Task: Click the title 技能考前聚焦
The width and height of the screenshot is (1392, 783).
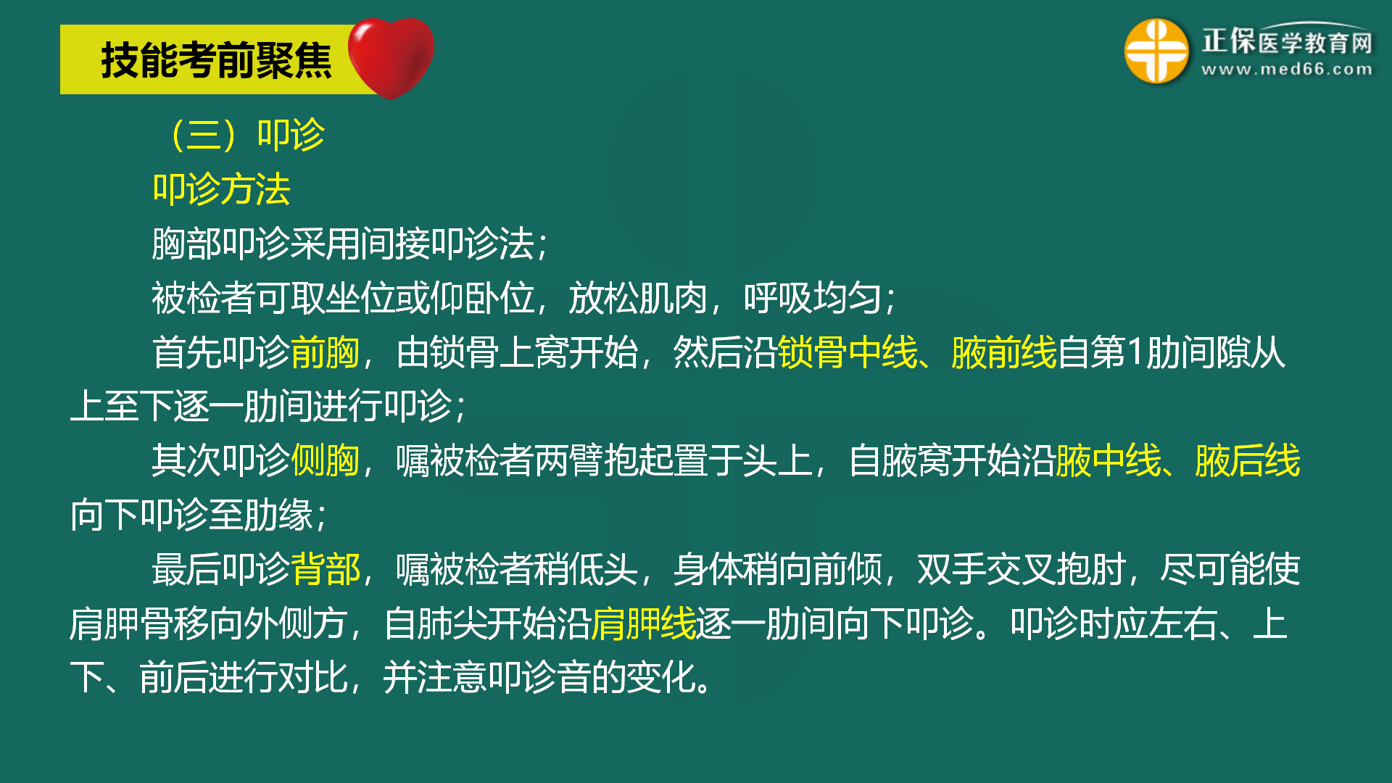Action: pos(216,60)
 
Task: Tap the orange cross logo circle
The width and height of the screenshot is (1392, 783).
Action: pos(1156,51)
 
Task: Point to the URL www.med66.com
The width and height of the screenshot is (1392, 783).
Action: pos(1287,70)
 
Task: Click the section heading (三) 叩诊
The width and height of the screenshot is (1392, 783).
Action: pos(247,135)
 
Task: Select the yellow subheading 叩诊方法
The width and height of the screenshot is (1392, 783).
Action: pos(222,189)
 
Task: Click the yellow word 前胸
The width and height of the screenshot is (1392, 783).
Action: pos(326,353)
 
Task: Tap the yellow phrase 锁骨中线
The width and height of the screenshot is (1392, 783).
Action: pos(848,353)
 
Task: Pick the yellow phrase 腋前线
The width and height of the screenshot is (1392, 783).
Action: pos(1004,353)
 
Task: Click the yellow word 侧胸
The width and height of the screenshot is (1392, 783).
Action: pos(326,461)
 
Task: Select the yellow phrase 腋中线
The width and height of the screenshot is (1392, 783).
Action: pos(1109,461)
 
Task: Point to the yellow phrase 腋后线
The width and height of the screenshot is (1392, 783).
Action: pos(1248,461)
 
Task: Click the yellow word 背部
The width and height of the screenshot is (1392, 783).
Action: pos(326,569)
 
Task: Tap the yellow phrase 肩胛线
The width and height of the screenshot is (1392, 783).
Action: pos(644,623)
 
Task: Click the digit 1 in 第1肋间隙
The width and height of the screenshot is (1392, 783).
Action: pos(1136,353)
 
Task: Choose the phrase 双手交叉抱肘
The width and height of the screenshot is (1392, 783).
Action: pos(1022,569)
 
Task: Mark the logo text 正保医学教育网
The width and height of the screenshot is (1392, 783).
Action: pos(1287,41)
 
